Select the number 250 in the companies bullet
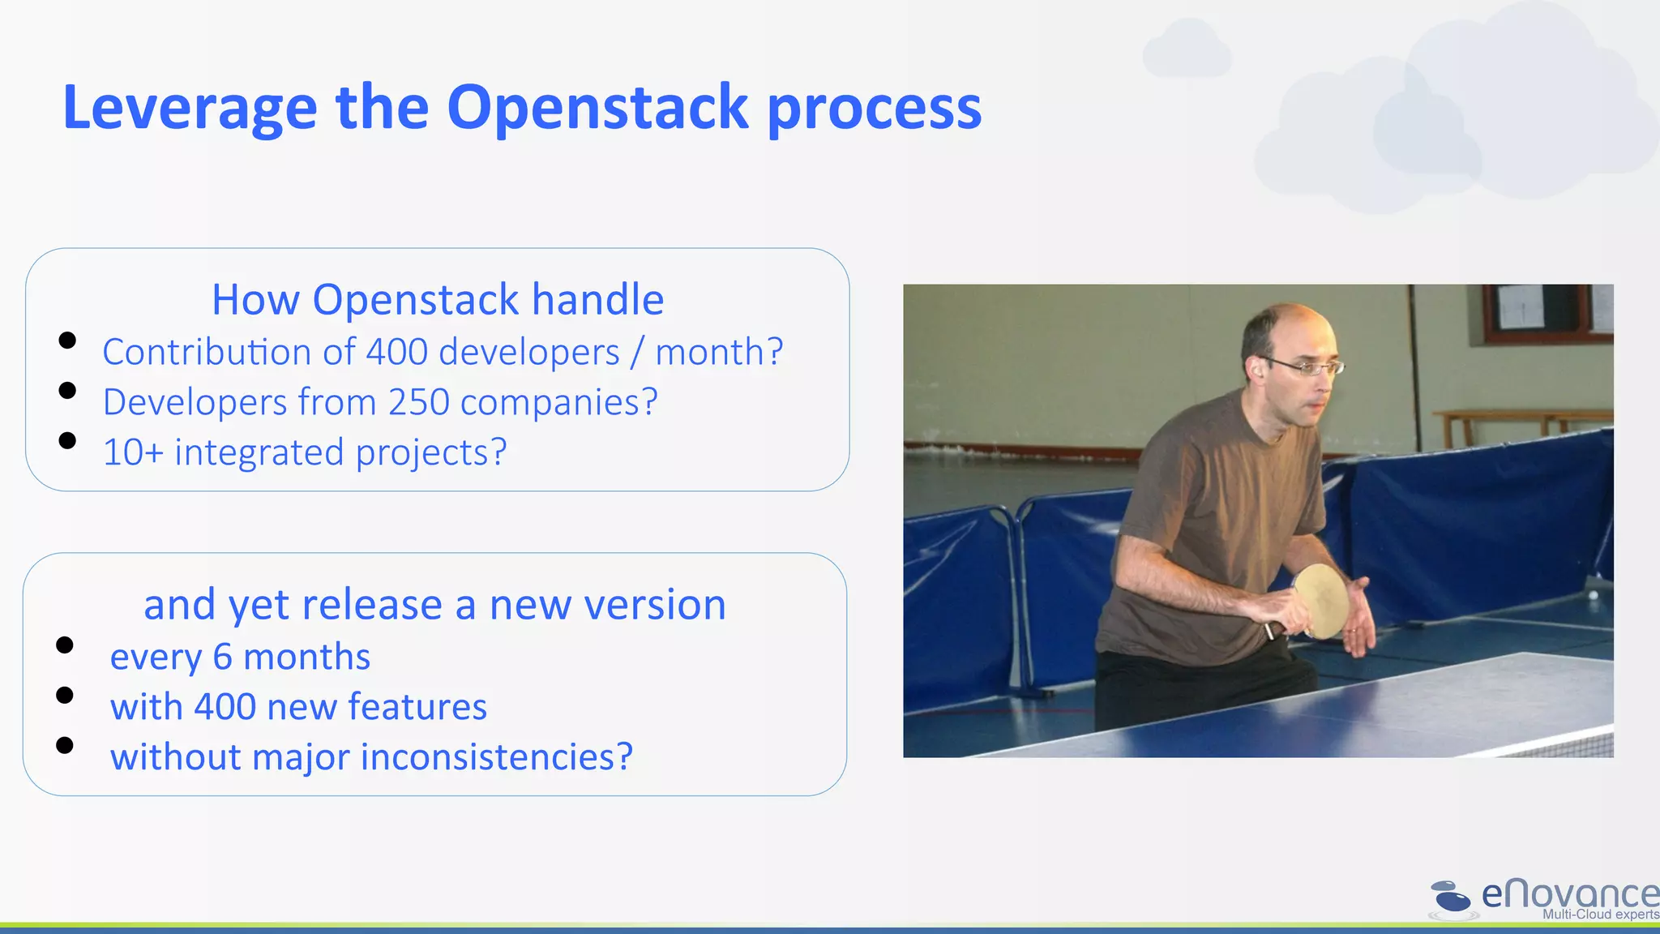tap(418, 402)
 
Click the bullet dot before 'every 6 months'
tap(65, 645)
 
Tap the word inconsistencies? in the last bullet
tap(496, 757)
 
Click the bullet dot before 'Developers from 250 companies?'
tap(67, 391)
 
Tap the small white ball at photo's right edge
tap(1593, 595)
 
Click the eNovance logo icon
tap(1451, 898)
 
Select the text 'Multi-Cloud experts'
tap(1600, 915)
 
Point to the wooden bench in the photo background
tap(1516, 422)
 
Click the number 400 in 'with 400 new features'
tap(225, 707)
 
